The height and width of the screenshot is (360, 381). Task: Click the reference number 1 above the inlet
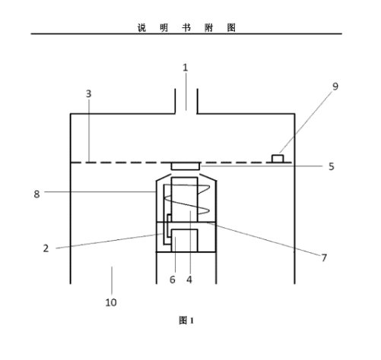(186, 68)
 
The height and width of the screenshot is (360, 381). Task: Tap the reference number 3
(88, 93)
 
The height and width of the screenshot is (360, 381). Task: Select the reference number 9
(335, 87)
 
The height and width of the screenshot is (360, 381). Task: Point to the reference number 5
(331, 166)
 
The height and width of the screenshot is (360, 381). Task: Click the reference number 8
(37, 194)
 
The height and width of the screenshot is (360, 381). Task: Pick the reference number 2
(46, 248)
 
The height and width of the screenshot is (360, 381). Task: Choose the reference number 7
(324, 257)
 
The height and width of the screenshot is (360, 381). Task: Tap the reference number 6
(173, 279)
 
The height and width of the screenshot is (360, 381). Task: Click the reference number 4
(189, 279)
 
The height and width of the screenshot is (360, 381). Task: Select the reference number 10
(111, 302)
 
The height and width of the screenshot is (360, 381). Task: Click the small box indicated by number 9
(278, 159)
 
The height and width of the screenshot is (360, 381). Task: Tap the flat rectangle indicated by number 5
(186, 166)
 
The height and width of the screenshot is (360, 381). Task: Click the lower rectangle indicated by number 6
(185, 241)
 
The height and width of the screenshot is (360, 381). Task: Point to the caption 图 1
(186, 321)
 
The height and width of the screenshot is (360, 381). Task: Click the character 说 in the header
(142, 27)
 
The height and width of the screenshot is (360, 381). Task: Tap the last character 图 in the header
(231, 27)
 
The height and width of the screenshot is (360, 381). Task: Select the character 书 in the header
(186, 27)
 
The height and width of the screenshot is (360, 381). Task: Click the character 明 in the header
(164, 27)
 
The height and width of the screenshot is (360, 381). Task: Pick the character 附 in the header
(209, 27)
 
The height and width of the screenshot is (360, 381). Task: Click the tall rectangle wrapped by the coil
(184, 200)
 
